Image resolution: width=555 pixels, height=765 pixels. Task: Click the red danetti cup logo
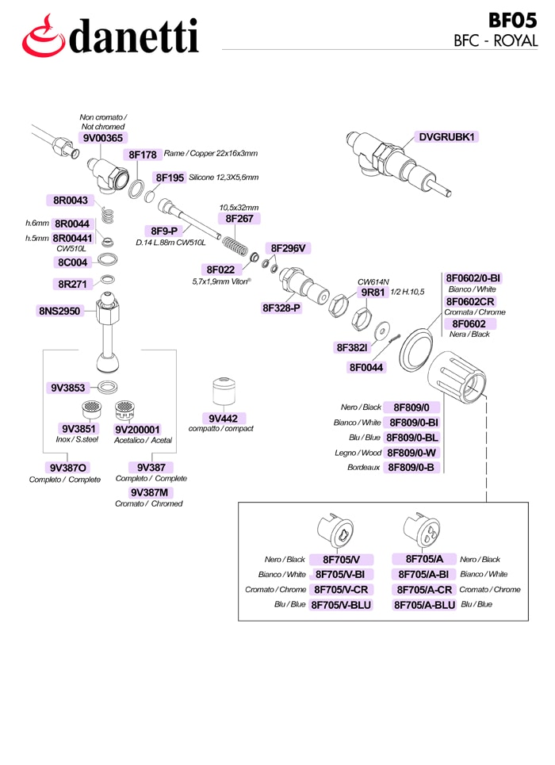pos(43,36)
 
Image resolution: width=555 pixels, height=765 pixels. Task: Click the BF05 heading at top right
pos(512,21)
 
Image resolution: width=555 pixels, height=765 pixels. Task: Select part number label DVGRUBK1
pos(446,137)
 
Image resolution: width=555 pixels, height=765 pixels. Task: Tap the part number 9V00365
pos(103,138)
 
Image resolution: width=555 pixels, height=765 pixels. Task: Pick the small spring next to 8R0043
pos(108,215)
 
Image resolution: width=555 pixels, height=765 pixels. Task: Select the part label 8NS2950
pos(59,311)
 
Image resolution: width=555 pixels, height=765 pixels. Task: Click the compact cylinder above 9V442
pos(224,391)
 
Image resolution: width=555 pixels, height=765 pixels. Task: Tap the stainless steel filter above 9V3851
pos(91,410)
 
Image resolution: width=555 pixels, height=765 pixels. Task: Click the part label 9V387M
pos(149,492)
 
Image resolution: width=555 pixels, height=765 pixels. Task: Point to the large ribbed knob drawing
pos(457,376)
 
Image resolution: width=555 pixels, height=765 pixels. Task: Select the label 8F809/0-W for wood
pos(411,453)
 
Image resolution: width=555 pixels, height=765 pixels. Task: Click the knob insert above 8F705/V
pos(335,531)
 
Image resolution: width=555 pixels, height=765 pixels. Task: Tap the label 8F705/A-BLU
pos(425,605)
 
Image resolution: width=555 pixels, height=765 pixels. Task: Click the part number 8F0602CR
pos(470,301)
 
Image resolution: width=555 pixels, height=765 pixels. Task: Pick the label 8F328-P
pos(281,308)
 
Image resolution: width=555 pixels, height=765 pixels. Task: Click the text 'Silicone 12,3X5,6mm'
pos(224,178)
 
